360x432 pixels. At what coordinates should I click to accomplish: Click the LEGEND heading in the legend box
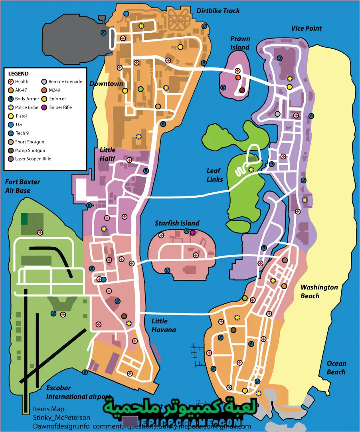pos(18,74)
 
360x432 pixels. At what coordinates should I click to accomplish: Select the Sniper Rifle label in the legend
pos(60,107)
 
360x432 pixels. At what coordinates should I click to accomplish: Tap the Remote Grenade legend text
pos(65,81)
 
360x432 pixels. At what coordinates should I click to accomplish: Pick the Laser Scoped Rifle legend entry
pos(33,159)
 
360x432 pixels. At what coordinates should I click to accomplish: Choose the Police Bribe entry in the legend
pos(27,107)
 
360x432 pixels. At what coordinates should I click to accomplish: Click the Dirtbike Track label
pos(218,11)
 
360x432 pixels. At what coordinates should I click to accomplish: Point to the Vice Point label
pos(306,28)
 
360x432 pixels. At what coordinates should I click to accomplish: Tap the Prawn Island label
pos(240,43)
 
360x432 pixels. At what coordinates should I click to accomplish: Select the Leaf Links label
pos(215,175)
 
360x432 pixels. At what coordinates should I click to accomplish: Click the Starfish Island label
pos(177,223)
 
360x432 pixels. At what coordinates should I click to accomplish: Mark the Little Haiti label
pos(107,154)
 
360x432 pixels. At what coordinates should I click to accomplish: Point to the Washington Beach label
pos(319,291)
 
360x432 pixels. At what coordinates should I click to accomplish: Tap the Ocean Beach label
pos(336,368)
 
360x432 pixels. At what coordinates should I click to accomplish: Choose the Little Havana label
pos(163,325)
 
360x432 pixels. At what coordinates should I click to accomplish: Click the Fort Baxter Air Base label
pos(22,186)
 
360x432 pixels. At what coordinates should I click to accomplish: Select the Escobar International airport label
pos(78,392)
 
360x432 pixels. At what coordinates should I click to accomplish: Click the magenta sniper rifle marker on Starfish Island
pos(193,232)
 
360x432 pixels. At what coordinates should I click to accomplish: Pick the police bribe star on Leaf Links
pos(251,170)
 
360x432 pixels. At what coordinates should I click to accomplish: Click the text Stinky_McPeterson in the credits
pos(61,418)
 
